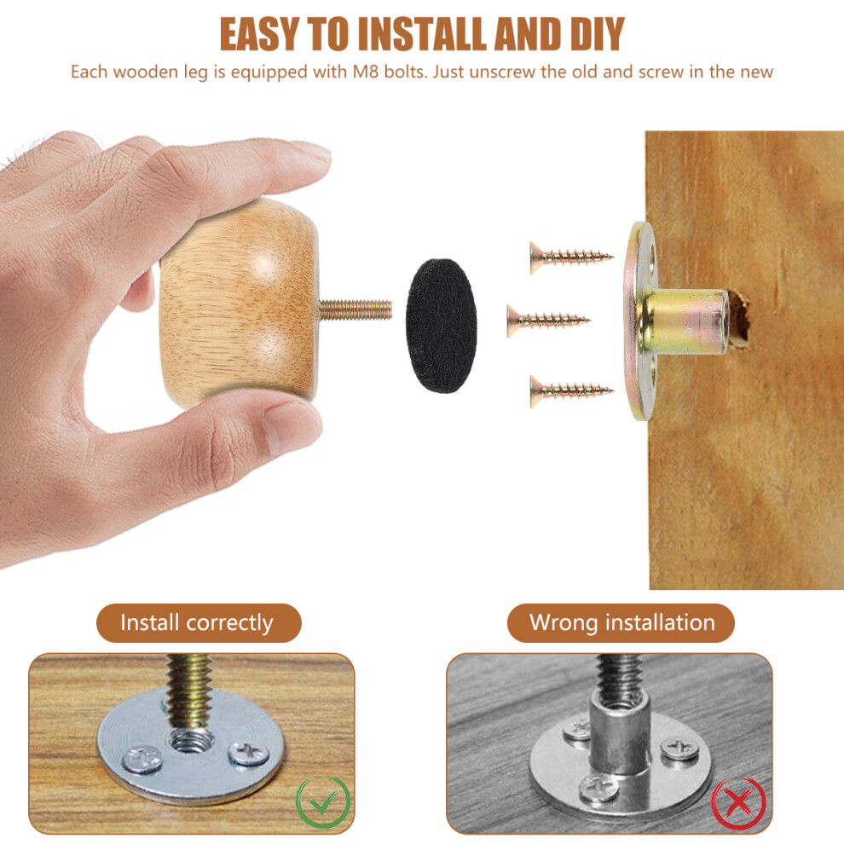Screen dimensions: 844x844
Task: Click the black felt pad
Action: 442,326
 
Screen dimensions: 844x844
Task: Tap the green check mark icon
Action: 323,802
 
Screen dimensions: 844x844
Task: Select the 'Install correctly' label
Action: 197,623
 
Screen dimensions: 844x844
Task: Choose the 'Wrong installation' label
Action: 621,623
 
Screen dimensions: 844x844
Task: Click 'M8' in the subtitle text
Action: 366,72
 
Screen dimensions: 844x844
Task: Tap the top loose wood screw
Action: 571,257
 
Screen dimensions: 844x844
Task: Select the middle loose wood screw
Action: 548,321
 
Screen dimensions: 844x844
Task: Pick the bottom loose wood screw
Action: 571,390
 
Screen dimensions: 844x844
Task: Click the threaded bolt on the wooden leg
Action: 356,310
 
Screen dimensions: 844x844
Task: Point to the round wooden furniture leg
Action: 240,303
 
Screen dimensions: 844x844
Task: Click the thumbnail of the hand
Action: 287,426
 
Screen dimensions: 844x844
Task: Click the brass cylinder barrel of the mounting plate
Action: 684,322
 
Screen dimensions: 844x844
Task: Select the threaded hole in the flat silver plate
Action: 189,743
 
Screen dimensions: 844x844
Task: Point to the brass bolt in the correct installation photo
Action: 188,690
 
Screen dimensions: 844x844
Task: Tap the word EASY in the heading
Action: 259,34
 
